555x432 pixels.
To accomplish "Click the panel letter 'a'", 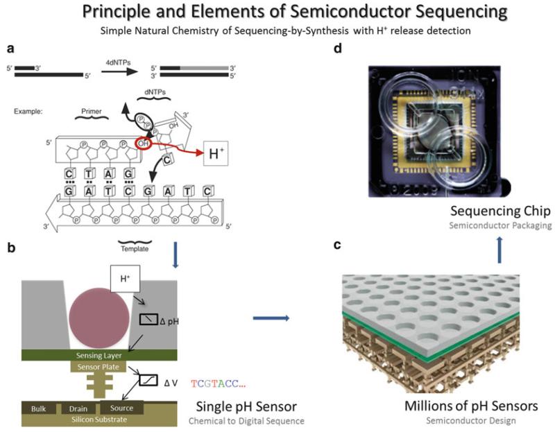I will click(9, 49).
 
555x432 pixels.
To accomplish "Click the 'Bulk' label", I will click(39, 408).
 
